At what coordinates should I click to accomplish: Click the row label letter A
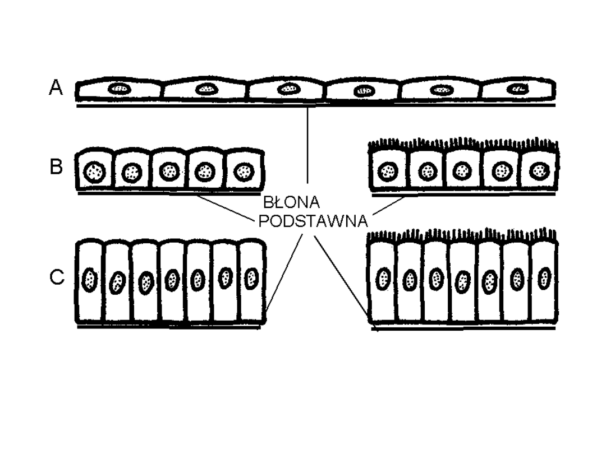pyautogui.click(x=56, y=89)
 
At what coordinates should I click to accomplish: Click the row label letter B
pyautogui.click(x=56, y=168)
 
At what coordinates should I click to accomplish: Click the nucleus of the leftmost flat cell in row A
pyautogui.click(x=120, y=89)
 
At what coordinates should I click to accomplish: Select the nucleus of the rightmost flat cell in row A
pyautogui.click(x=517, y=89)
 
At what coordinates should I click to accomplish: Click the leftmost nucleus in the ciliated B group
pyautogui.click(x=387, y=171)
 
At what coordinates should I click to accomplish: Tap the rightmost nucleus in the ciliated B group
pyautogui.click(x=539, y=170)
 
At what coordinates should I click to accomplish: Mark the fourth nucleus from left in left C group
pyautogui.click(x=172, y=279)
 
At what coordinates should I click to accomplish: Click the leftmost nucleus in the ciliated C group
pyautogui.click(x=383, y=279)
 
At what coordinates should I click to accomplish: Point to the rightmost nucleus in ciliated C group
pyautogui.click(x=543, y=277)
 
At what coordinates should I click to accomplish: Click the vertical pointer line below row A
pyautogui.click(x=308, y=146)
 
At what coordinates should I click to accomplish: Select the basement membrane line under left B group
pyautogui.click(x=168, y=193)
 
